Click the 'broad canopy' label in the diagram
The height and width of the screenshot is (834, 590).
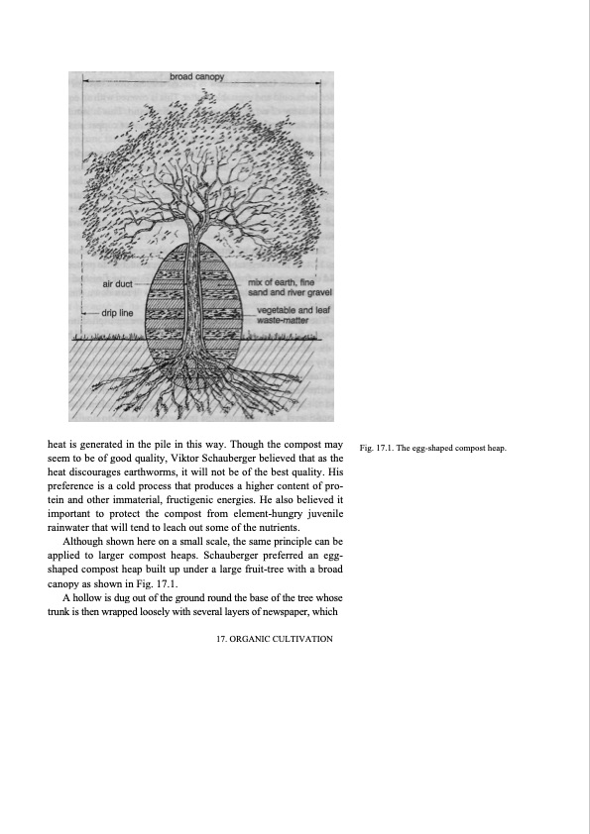[196, 76]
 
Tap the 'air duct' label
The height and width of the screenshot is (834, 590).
[118, 284]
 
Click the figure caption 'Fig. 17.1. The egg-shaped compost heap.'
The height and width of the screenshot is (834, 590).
[433, 449]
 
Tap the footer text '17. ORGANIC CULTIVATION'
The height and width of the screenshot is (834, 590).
[274, 639]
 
